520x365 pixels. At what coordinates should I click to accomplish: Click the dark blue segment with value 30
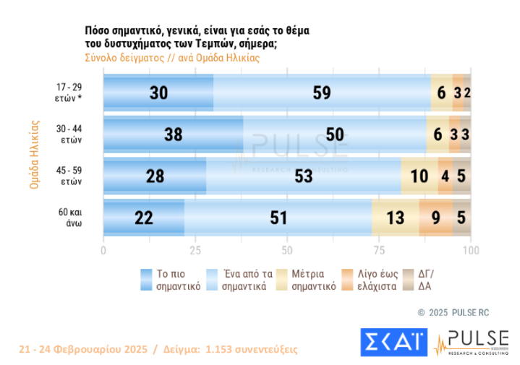coord(158,92)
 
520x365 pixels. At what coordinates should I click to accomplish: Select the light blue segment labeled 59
coord(322,92)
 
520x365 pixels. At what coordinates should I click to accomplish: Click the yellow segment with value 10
coord(419,176)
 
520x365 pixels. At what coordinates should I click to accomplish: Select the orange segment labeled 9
coord(435,218)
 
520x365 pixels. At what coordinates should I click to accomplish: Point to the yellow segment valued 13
coord(395,218)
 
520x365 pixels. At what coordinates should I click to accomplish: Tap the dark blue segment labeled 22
coord(144,218)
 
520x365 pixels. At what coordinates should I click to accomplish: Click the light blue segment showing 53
coord(303,176)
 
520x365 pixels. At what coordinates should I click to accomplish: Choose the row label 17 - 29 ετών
coord(70,92)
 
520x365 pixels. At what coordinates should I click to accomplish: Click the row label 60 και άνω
coord(70,218)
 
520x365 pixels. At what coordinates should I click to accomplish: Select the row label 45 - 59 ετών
coord(70,176)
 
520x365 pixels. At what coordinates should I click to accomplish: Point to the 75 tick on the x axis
coord(379,250)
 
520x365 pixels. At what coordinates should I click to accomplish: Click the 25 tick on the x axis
coord(195,250)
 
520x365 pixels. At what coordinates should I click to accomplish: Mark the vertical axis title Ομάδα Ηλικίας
coord(34,155)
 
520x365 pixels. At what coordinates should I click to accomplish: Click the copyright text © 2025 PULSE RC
coord(453,312)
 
